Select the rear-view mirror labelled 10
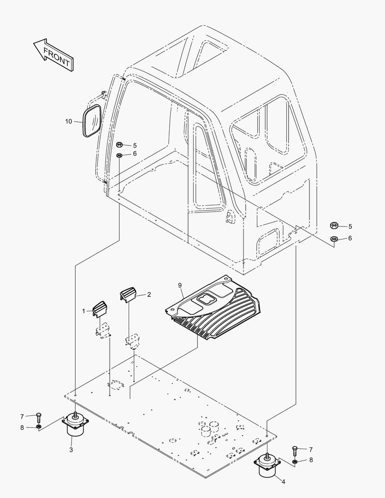click(92, 121)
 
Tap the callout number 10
click(69, 121)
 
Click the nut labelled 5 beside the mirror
click(119, 145)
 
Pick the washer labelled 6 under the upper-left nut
click(119, 155)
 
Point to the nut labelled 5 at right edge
click(333, 226)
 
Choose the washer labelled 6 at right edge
click(333, 238)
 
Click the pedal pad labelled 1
click(100, 308)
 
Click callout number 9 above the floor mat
click(180, 285)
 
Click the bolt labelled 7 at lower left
click(38, 417)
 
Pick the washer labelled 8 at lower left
click(38, 426)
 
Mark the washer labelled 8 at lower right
click(295, 461)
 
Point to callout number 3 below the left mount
click(71, 450)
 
